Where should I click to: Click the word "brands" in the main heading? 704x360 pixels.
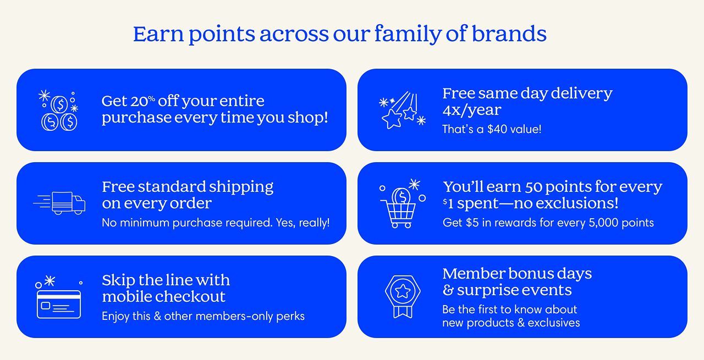(x=509, y=34)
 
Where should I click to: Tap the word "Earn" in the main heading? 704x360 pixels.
(x=158, y=34)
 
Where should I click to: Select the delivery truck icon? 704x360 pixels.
(x=59, y=203)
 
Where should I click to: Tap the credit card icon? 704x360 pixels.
(x=58, y=297)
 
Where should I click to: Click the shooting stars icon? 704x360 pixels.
(x=402, y=110)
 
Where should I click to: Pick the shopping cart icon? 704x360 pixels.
(x=402, y=203)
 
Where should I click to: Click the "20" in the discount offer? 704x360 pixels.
(x=139, y=101)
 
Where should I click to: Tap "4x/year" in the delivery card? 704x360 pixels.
(x=472, y=110)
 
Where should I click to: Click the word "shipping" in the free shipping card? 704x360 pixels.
(x=241, y=187)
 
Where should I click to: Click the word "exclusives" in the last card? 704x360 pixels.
(x=554, y=323)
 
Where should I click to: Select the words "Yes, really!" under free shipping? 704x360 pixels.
(x=302, y=223)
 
